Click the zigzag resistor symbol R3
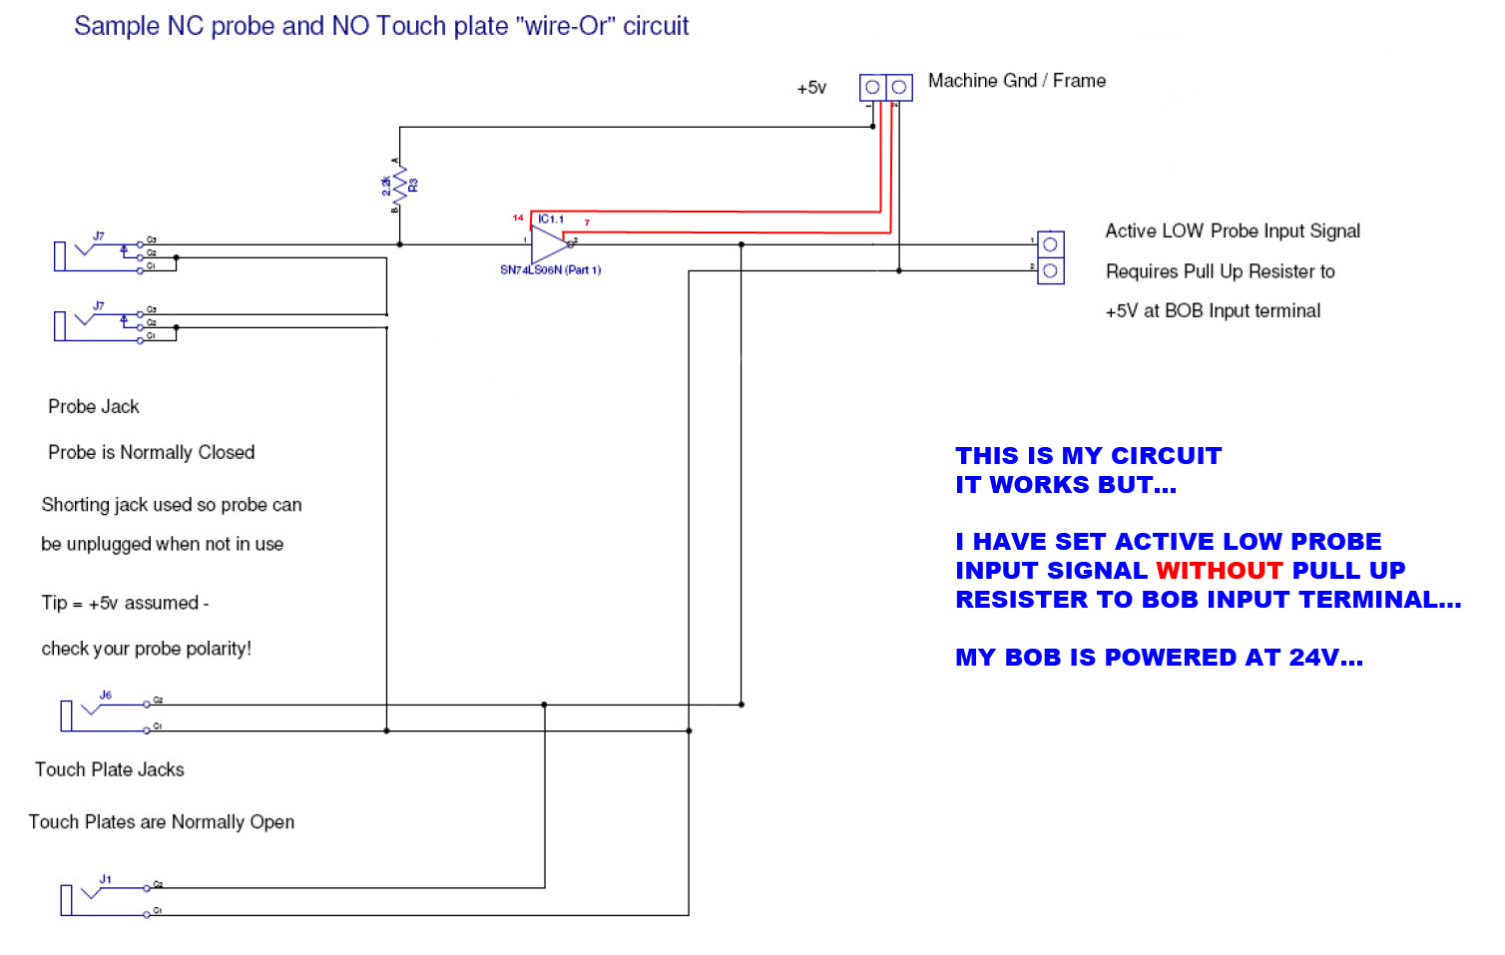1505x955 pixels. tap(400, 185)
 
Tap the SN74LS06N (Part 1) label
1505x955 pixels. tap(550, 270)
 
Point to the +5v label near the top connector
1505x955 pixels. tap(811, 88)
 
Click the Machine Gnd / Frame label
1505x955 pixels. tap(1016, 81)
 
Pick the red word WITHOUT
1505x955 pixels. tap(1219, 571)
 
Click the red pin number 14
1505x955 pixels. tap(518, 218)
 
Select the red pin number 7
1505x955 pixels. tap(587, 223)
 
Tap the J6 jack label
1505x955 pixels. tap(106, 695)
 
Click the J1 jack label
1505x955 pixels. tap(106, 879)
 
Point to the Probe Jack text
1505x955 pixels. tap(94, 406)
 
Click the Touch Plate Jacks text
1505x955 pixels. tap(110, 769)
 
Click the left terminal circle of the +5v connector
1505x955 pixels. tap(872, 88)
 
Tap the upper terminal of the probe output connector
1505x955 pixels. tap(1050, 244)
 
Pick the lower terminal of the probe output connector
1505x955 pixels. tap(1050, 270)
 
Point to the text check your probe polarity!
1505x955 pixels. tap(146, 649)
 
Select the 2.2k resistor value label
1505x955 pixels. tap(386, 185)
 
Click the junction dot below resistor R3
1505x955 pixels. tap(400, 244)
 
